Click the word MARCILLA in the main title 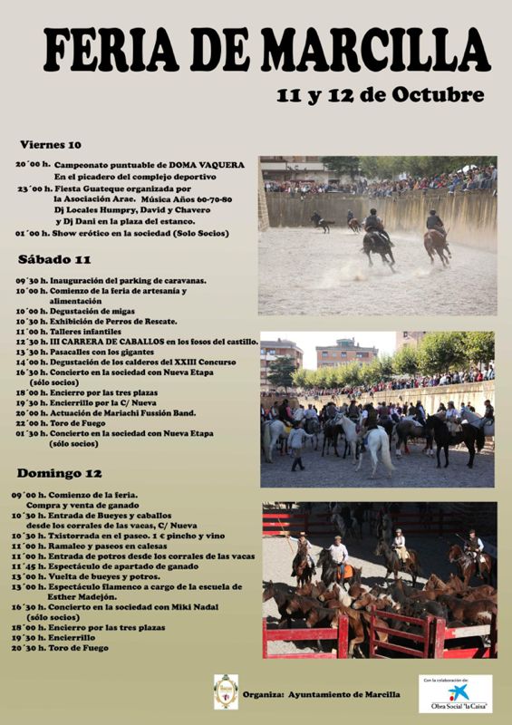pyautogui.click(x=376, y=50)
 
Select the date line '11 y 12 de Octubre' pyautogui.click(x=380, y=95)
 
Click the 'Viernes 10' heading pyautogui.click(x=50, y=144)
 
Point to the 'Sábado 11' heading pyautogui.click(x=49, y=260)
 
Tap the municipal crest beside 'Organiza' pyautogui.click(x=226, y=691)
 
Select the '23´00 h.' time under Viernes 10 pyautogui.click(x=33, y=188)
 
